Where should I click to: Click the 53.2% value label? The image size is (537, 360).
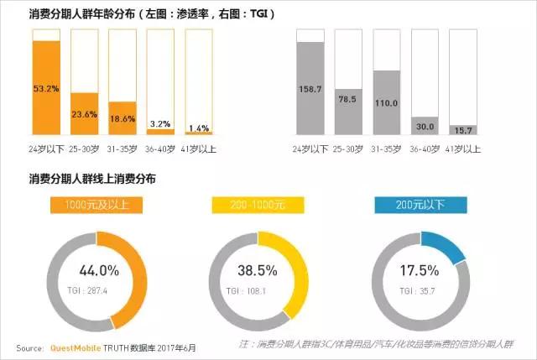coord(45,87)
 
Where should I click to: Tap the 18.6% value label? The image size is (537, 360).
coord(122,119)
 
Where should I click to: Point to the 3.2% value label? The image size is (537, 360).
coord(160,123)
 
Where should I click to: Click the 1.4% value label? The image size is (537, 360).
coord(198,128)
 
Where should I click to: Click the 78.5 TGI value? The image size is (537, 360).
coord(349,98)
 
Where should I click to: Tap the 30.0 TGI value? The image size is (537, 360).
coord(425,126)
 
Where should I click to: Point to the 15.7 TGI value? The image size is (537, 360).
coord(463,129)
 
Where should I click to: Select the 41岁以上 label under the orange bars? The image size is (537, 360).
coord(199,149)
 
